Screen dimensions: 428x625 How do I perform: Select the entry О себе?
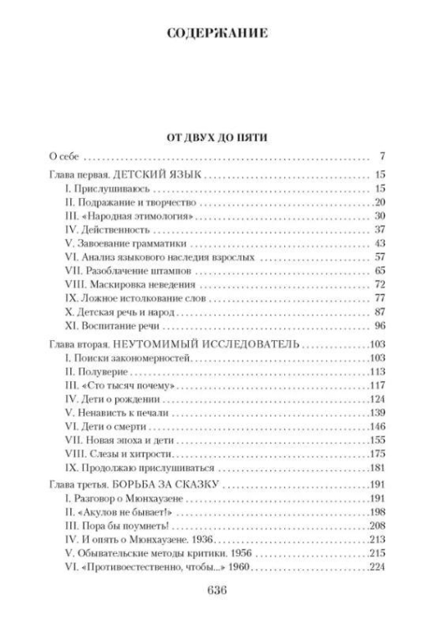click(62, 155)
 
